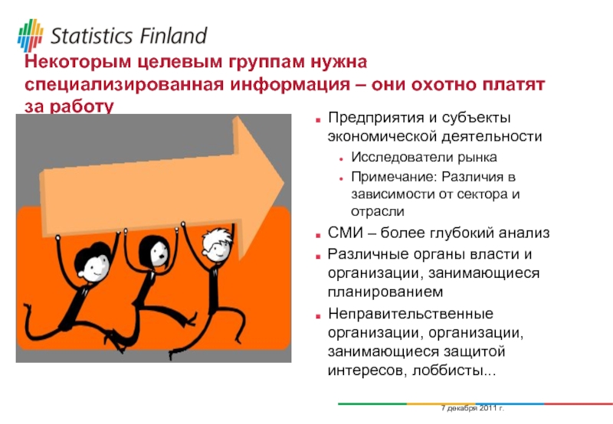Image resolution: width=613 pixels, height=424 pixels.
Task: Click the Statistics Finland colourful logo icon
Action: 30,35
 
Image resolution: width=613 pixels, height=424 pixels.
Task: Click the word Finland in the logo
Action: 173,36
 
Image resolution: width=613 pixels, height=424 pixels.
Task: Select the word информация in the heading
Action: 290,84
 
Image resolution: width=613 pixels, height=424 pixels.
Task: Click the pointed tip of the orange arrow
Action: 284,183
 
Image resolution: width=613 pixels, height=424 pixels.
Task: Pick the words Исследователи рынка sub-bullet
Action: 424,157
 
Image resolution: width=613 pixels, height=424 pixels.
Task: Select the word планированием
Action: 385,292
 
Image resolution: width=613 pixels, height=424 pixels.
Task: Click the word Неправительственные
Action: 411,314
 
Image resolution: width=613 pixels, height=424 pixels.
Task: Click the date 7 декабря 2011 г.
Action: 473,409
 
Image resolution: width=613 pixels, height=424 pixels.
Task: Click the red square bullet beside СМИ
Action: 318,236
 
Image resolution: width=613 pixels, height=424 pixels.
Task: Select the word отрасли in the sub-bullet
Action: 378,212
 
